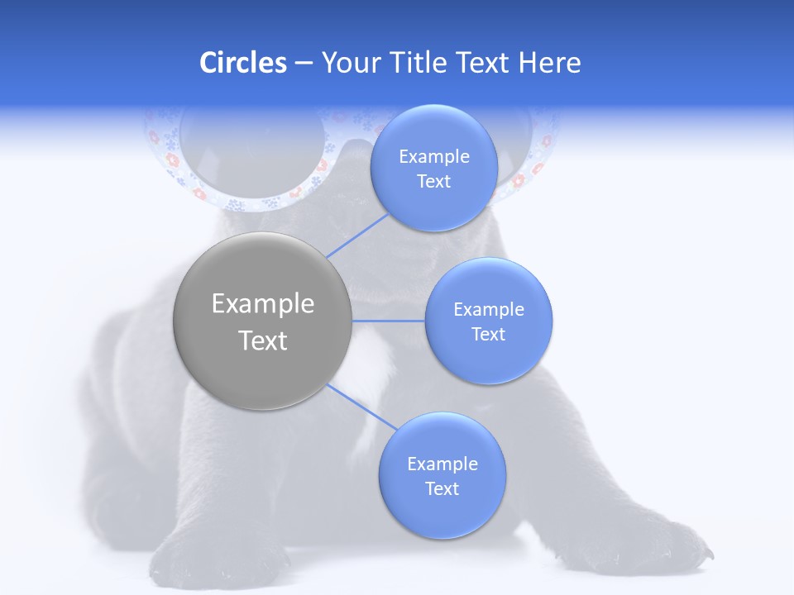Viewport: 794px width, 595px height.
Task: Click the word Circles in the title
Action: click(x=242, y=63)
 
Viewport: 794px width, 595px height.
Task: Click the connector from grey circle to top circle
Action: click(x=358, y=236)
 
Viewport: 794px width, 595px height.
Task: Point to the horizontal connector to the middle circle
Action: click(x=388, y=321)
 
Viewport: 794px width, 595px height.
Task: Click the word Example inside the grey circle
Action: click(x=262, y=304)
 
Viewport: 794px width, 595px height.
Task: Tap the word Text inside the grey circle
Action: click(x=262, y=340)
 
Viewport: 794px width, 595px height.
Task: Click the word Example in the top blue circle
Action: click(x=433, y=157)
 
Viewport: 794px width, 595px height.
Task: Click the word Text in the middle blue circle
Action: click(x=488, y=335)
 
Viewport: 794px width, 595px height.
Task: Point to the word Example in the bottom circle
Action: click(x=442, y=464)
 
